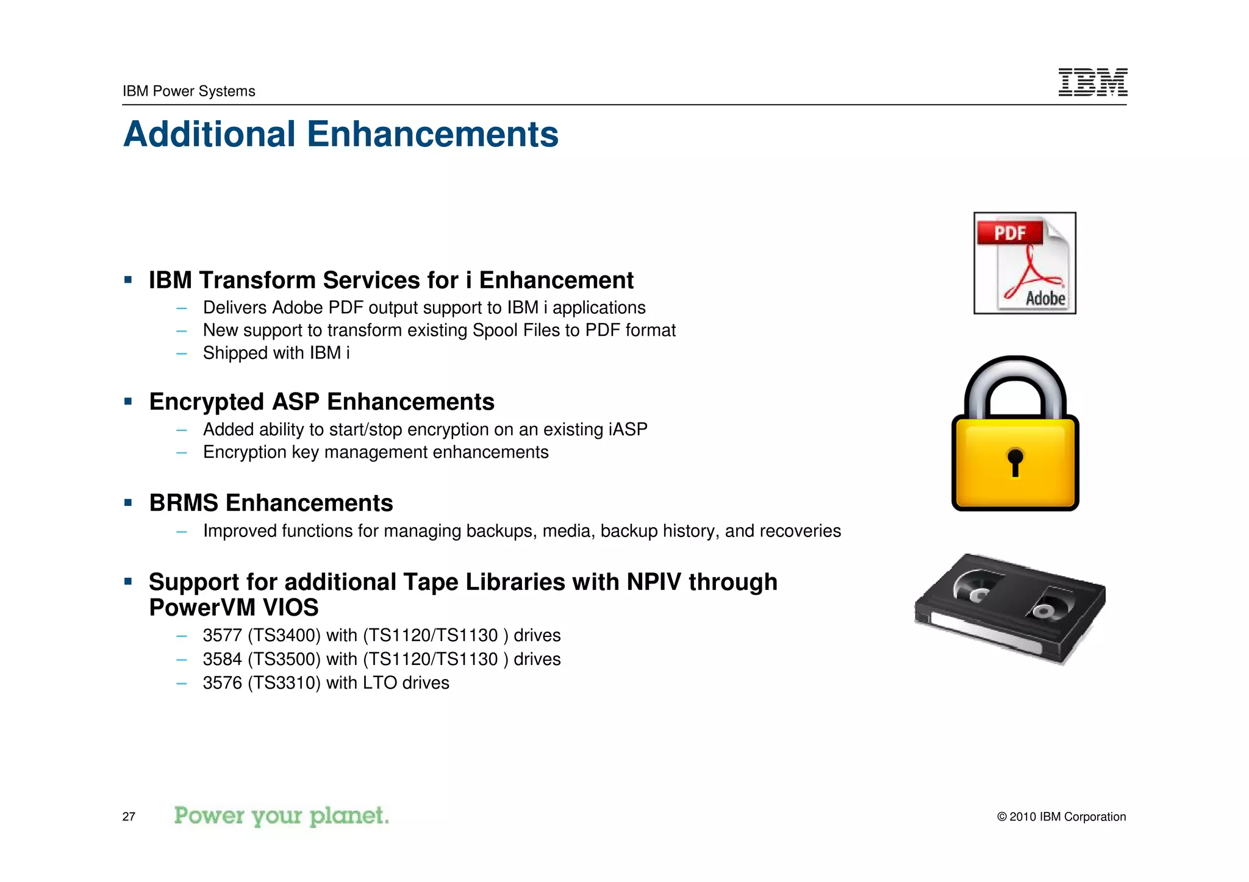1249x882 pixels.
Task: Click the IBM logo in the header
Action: (1092, 82)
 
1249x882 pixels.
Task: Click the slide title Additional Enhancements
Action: (340, 134)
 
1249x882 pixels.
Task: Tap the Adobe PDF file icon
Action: (1025, 263)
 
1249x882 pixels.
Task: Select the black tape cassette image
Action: (1010, 608)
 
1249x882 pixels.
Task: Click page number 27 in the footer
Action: (129, 817)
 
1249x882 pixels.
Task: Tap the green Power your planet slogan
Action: (281, 816)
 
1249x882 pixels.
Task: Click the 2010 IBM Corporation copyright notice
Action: (1061, 817)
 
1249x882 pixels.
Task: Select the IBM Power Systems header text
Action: (188, 91)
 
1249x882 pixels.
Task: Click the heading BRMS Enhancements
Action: (271, 503)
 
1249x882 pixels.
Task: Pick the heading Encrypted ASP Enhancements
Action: (321, 402)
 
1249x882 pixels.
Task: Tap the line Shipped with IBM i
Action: (276, 353)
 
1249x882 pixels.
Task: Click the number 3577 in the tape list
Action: (222, 635)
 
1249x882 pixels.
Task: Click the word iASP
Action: (628, 430)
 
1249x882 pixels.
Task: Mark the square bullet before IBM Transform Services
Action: (128, 280)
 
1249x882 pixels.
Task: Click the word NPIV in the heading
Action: (653, 582)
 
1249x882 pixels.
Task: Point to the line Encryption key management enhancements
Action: (376, 452)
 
